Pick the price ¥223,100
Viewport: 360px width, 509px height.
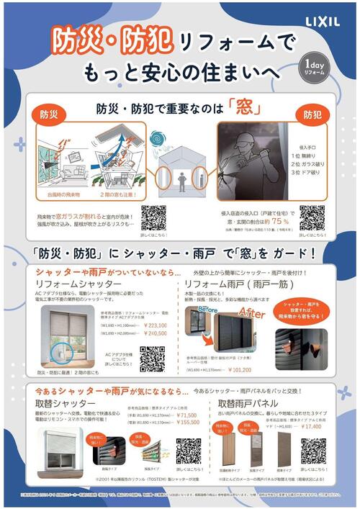tap(161, 325)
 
